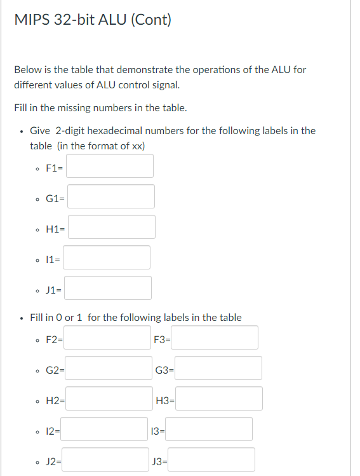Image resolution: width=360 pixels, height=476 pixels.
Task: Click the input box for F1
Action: point(110,166)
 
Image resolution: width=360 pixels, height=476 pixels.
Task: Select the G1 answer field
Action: point(111,196)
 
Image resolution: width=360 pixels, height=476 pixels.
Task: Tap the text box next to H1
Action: point(111,227)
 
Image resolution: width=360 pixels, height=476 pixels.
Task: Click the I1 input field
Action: point(107,257)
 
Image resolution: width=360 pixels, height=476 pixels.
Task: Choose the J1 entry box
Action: point(108,288)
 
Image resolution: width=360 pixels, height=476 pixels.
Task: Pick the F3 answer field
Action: point(217,337)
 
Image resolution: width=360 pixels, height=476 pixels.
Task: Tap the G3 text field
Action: point(218,368)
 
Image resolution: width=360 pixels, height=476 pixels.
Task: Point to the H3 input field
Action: point(218,398)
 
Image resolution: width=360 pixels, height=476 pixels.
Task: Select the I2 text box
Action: point(105,429)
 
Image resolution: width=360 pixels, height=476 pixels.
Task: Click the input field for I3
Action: point(209,429)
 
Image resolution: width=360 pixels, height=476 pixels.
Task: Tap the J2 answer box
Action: point(105,459)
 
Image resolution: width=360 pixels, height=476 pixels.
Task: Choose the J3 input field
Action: point(211,459)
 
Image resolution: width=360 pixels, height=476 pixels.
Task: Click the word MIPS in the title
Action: point(31,20)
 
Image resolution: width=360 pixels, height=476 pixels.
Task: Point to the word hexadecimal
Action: point(116,131)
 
